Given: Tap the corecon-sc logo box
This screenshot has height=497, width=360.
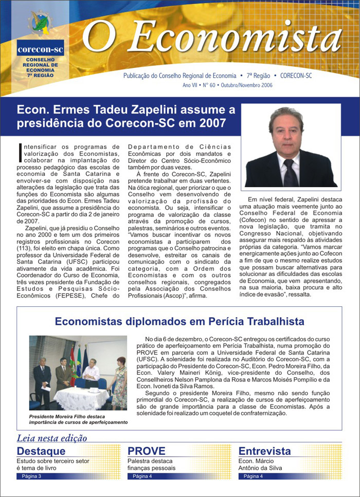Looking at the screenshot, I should click(x=40, y=50).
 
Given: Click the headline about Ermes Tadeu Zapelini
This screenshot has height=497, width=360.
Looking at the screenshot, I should click(x=126, y=117).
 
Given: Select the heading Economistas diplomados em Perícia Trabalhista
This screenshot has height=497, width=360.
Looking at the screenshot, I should click(x=179, y=322).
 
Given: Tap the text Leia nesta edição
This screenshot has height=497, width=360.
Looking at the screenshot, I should click(x=52, y=438).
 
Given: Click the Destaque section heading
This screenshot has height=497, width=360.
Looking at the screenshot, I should click(x=41, y=451).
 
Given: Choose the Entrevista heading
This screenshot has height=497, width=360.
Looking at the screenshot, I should click(x=264, y=451).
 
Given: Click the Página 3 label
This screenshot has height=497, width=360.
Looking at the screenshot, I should click(x=31, y=476).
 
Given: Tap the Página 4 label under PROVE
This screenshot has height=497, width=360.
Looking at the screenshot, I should click(x=142, y=476).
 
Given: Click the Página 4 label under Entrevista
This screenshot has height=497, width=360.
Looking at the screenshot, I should click(x=254, y=476).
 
